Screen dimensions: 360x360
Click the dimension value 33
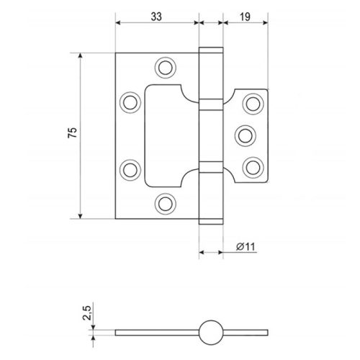[x=156, y=17]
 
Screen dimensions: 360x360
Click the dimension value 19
[x=245, y=17]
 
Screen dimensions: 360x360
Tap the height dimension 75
[x=73, y=132]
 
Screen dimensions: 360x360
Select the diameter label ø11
[x=246, y=247]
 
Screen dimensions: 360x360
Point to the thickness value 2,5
[x=86, y=312]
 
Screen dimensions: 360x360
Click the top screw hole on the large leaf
[x=166, y=68]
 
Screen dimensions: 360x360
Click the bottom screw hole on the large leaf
[x=166, y=204]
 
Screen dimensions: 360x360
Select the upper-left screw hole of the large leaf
[x=130, y=102]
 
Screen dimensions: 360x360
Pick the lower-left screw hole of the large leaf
[x=130, y=170]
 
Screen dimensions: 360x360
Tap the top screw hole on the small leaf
[x=253, y=104]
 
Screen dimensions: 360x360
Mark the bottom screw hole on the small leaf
[x=253, y=168]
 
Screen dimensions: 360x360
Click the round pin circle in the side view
[x=211, y=333]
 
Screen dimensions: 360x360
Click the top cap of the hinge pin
[x=211, y=50]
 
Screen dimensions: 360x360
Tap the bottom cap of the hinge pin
[x=211, y=222]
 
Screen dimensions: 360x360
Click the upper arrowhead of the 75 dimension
[x=81, y=55]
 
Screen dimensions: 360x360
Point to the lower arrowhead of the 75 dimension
[x=81, y=216]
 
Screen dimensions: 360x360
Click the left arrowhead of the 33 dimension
[x=118, y=22]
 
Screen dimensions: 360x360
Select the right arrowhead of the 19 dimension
[x=265, y=22]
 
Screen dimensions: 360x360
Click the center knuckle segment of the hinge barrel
[x=211, y=136]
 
